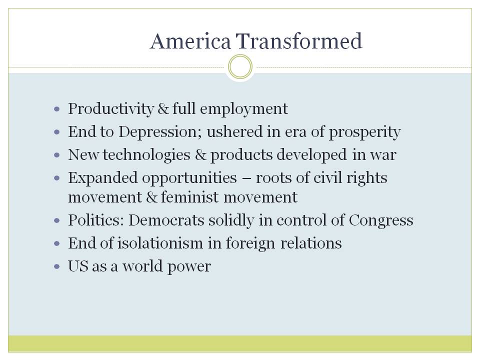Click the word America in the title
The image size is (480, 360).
point(190,41)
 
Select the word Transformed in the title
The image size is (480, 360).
point(299,41)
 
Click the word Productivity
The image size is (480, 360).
point(111,108)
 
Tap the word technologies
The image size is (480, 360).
point(146,155)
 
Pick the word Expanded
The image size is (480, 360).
point(103,178)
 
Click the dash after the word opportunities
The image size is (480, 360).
point(246,178)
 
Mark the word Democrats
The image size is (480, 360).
point(166,220)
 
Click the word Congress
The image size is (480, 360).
point(381,220)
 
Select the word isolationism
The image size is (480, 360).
point(160,243)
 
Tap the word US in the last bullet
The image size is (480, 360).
point(78,266)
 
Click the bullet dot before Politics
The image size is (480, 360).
point(56,220)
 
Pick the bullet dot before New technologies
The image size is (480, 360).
point(56,155)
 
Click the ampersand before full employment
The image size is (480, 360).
point(163,108)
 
